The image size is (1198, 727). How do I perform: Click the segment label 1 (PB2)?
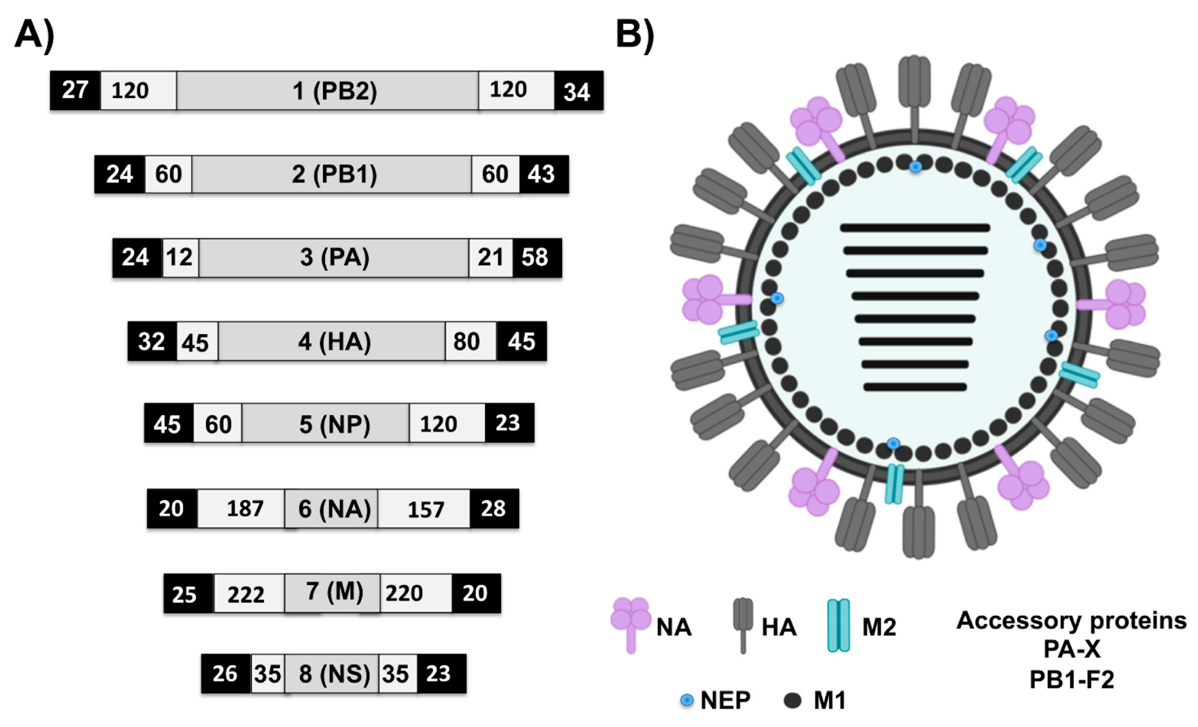click(x=334, y=91)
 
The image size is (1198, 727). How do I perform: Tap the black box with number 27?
click(x=75, y=90)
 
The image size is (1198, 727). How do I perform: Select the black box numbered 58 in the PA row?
click(x=536, y=258)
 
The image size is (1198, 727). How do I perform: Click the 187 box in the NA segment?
click(x=245, y=508)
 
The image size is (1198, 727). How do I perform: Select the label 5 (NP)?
click(x=334, y=424)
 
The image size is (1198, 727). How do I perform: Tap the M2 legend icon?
click(x=838, y=625)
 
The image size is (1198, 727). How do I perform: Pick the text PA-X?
click(x=1072, y=649)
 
